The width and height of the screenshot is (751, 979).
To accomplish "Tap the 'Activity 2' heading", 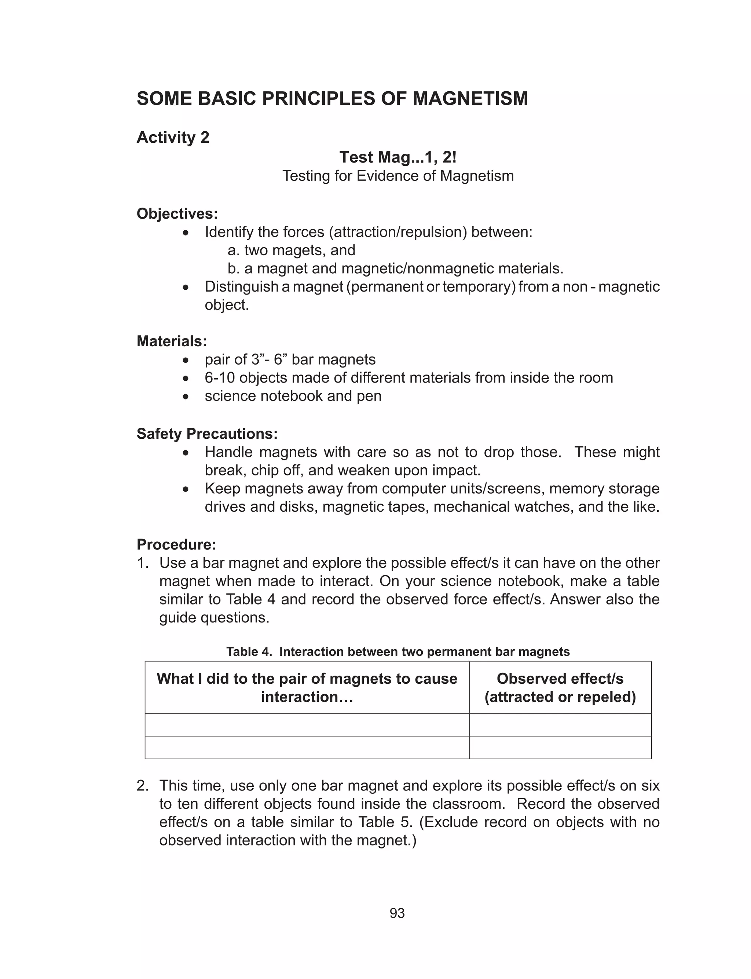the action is click(x=173, y=137).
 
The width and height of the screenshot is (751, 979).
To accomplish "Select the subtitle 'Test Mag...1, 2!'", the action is click(x=398, y=157).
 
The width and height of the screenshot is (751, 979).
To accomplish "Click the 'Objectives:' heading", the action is click(x=177, y=214).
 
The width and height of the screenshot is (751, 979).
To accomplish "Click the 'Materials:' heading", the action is click(x=172, y=341).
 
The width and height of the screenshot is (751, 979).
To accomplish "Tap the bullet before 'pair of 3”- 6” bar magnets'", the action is click(x=186, y=360).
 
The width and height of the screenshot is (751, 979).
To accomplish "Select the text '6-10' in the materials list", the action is click(x=220, y=378).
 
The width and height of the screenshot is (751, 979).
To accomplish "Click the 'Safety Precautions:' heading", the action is click(x=207, y=434).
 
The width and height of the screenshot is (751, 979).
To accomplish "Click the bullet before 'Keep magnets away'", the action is click(x=186, y=489).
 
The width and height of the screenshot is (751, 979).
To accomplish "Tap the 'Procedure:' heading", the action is click(x=176, y=544).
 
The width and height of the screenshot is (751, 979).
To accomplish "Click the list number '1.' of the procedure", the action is click(x=143, y=563).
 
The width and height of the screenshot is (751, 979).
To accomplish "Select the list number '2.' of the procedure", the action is click(x=143, y=786).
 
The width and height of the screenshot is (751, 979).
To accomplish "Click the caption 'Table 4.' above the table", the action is click(x=249, y=652).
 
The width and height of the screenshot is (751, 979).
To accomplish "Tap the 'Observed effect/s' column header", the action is click(x=560, y=679).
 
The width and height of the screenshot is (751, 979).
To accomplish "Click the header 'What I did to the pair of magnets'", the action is click(x=307, y=679).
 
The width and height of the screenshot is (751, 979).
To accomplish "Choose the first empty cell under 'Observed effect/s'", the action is click(x=560, y=725).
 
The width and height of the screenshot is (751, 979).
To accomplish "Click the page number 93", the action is click(x=397, y=913).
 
